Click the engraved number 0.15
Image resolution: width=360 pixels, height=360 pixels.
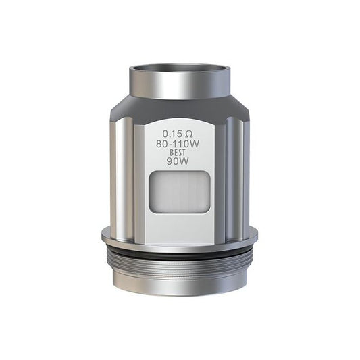click(x=174, y=133)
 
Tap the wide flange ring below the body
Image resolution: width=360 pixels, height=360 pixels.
click(x=180, y=236)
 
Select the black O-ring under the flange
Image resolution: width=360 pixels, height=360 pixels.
click(x=180, y=253)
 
